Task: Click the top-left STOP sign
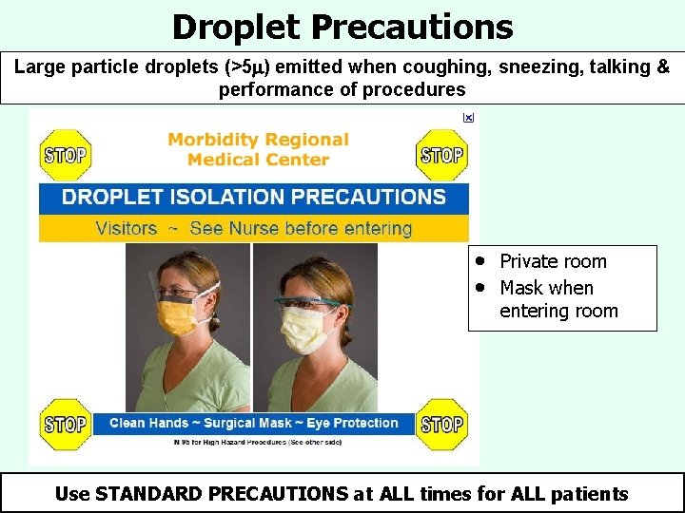pyautogui.click(x=64, y=154)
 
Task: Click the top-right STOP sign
pyautogui.click(x=442, y=154)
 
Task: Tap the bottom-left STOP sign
pyautogui.click(x=64, y=424)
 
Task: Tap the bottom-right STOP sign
pyautogui.click(x=442, y=424)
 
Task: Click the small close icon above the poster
pyautogui.click(x=467, y=117)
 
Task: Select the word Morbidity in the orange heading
pyautogui.click(x=212, y=140)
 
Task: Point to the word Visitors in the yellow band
pyautogui.click(x=127, y=228)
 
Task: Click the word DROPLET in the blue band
pyautogui.click(x=108, y=198)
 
